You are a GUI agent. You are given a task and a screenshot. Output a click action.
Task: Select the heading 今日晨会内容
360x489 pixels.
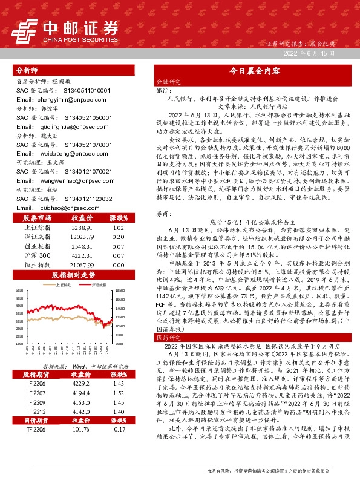coord(253,71)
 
